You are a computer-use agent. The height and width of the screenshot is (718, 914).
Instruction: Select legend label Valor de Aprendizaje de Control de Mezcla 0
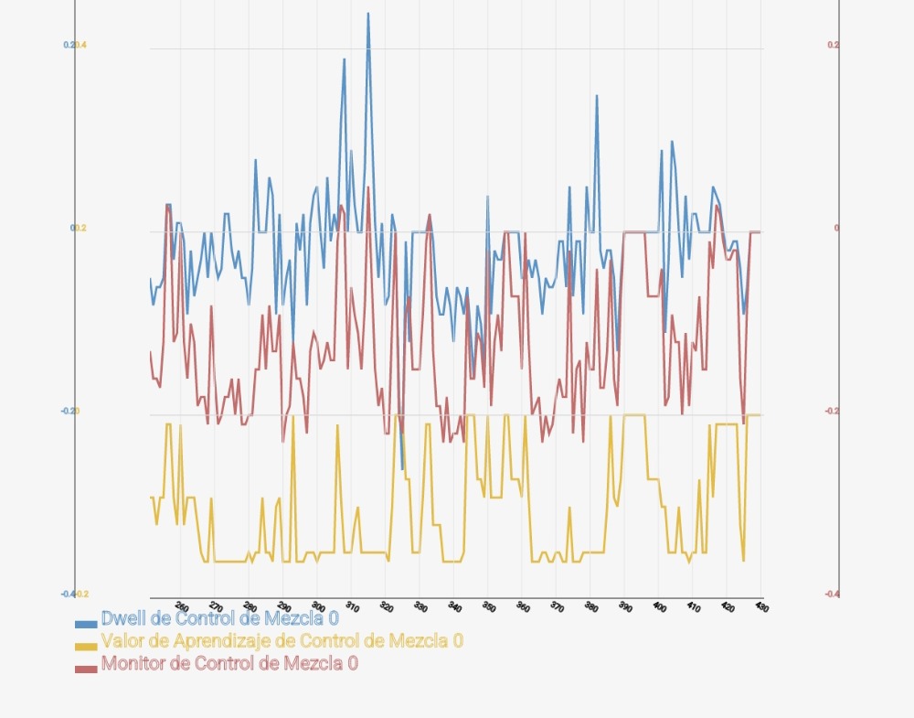pyautogui.click(x=282, y=641)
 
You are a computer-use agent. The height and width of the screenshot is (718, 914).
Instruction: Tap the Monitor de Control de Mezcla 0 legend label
pyautogui.click(x=229, y=664)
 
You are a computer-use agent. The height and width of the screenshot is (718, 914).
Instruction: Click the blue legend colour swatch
pyautogui.click(x=86, y=623)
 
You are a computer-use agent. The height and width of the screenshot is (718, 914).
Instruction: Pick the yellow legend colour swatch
pyautogui.click(x=86, y=646)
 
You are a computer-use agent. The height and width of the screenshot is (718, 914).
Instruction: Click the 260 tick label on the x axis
pyautogui.click(x=182, y=606)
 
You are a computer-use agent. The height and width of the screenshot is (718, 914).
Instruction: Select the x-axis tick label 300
pyautogui.click(x=318, y=606)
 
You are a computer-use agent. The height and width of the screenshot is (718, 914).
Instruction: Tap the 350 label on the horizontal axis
pyautogui.click(x=489, y=606)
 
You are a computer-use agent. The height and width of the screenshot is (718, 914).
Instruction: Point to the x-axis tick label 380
pyautogui.click(x=591, y=606)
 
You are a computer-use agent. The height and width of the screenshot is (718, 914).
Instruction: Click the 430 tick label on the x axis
pyautogui.click(x=760, y=606)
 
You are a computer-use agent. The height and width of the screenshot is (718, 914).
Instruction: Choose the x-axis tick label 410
pyautogui.click(x=694, y=606)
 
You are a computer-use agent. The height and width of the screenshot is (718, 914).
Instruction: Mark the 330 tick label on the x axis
pyautogui.click(x=420, y=606)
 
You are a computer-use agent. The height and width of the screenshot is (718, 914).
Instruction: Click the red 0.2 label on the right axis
pyautogui.click(x=833, y=45)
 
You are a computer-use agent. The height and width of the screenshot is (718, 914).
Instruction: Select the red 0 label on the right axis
pyautogui.click(x=836, y=228)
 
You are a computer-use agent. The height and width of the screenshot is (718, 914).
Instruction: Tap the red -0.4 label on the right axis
pyautogui.click(x=832, y=594)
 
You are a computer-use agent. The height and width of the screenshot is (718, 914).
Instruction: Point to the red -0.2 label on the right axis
pyautogui.click(x=832, y=411)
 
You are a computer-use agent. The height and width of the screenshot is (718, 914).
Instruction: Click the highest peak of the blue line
pyautogui.click(x=368, y=14)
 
